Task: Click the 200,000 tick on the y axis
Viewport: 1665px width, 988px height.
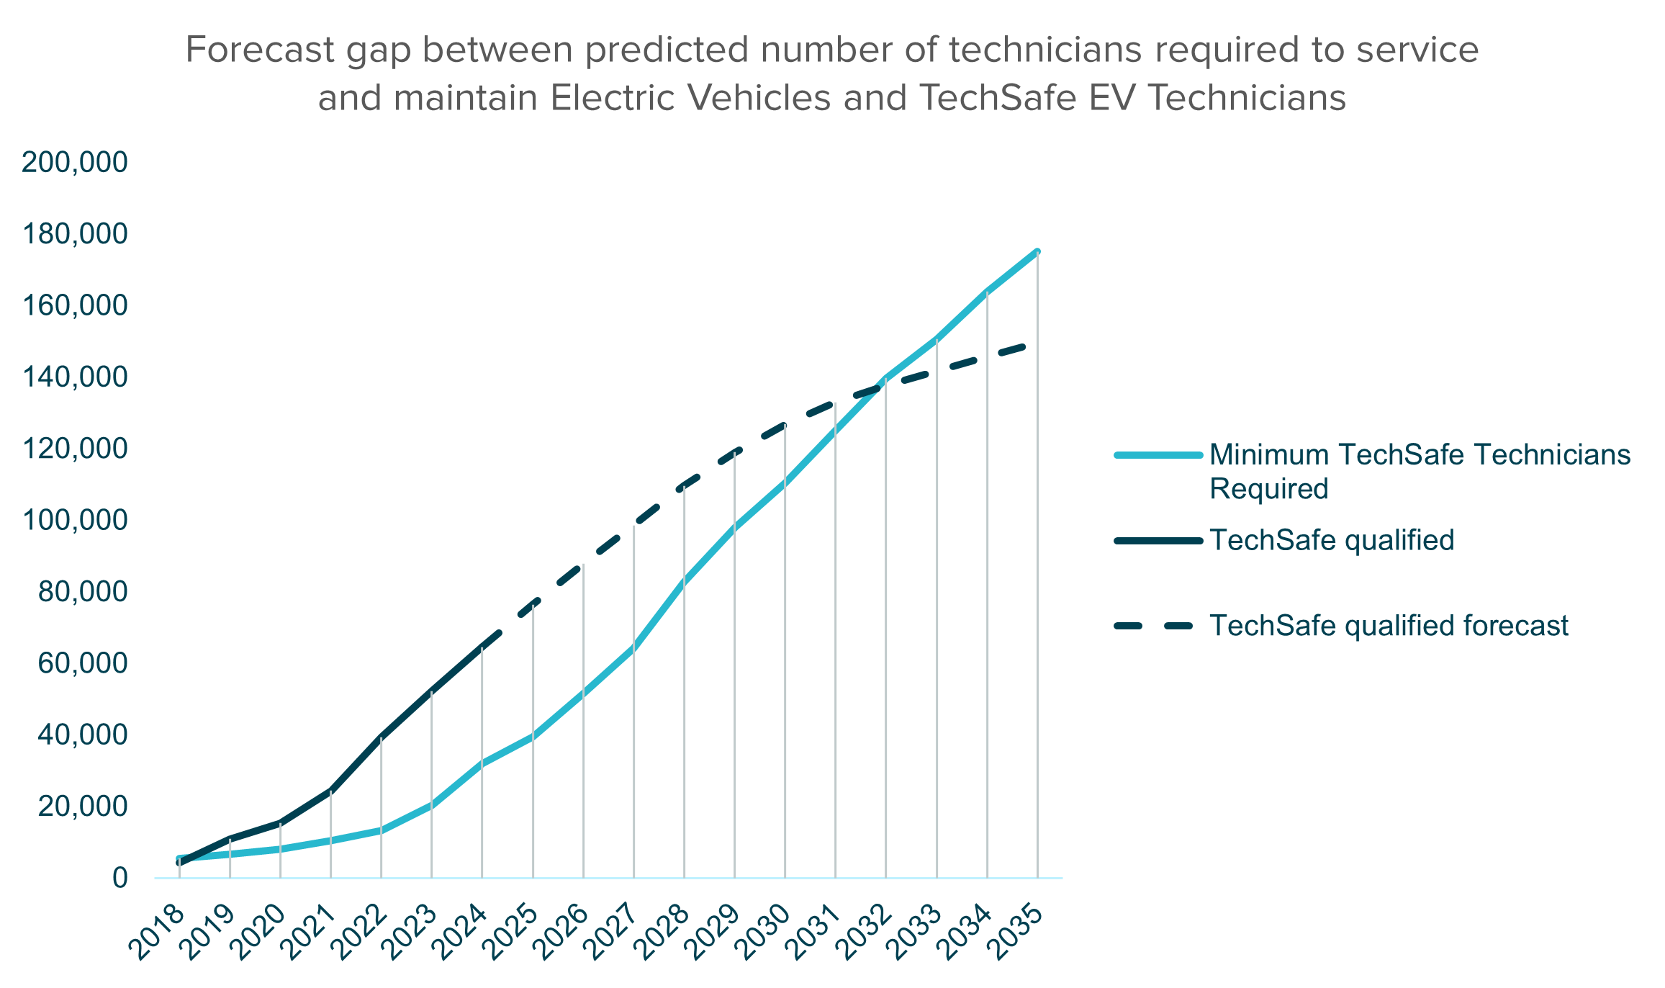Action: [75, 163]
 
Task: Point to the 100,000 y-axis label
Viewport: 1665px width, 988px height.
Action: [75, 521]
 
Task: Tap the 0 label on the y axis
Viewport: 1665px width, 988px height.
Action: [119, 879]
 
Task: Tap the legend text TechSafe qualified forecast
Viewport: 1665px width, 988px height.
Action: [1389, 626]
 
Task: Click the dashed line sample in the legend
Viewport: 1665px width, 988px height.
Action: [1158, 626]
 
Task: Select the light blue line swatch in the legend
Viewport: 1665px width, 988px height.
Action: [1158, 455]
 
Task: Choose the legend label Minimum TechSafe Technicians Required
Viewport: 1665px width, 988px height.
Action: [1418, 472]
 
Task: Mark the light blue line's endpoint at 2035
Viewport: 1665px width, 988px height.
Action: [1037, 251]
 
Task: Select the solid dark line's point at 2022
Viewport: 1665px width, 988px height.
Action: [381, 737]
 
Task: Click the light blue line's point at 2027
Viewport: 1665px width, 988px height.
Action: [633, 650]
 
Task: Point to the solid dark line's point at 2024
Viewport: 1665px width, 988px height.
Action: [482, 647]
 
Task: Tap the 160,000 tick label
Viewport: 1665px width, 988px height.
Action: [75, 306]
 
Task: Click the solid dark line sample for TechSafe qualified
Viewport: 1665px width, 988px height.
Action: [1158, 541]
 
